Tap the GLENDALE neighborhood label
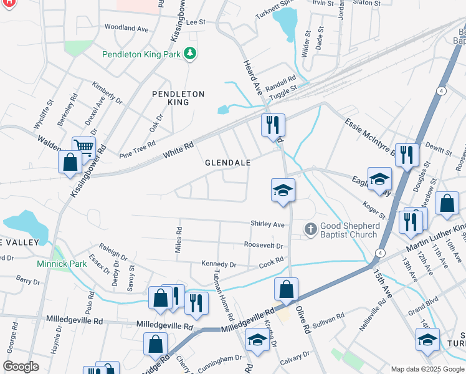(x=228, y=163)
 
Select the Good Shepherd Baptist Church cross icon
(x=310, y=229)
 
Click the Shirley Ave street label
(x=267, y=224)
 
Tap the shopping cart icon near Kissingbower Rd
(x=83, y=148)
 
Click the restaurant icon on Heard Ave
(x=273, y=125)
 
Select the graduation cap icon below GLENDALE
(x=282, y=190)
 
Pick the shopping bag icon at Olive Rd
(x=286, y=289)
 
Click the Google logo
(x=21, y=366)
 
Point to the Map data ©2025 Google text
(x=427, y=369)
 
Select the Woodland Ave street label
(x=126, y=28)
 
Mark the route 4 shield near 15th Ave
(x=379, y=252)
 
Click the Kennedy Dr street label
(x=219, y=264)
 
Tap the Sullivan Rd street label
(x=329, y=319)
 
